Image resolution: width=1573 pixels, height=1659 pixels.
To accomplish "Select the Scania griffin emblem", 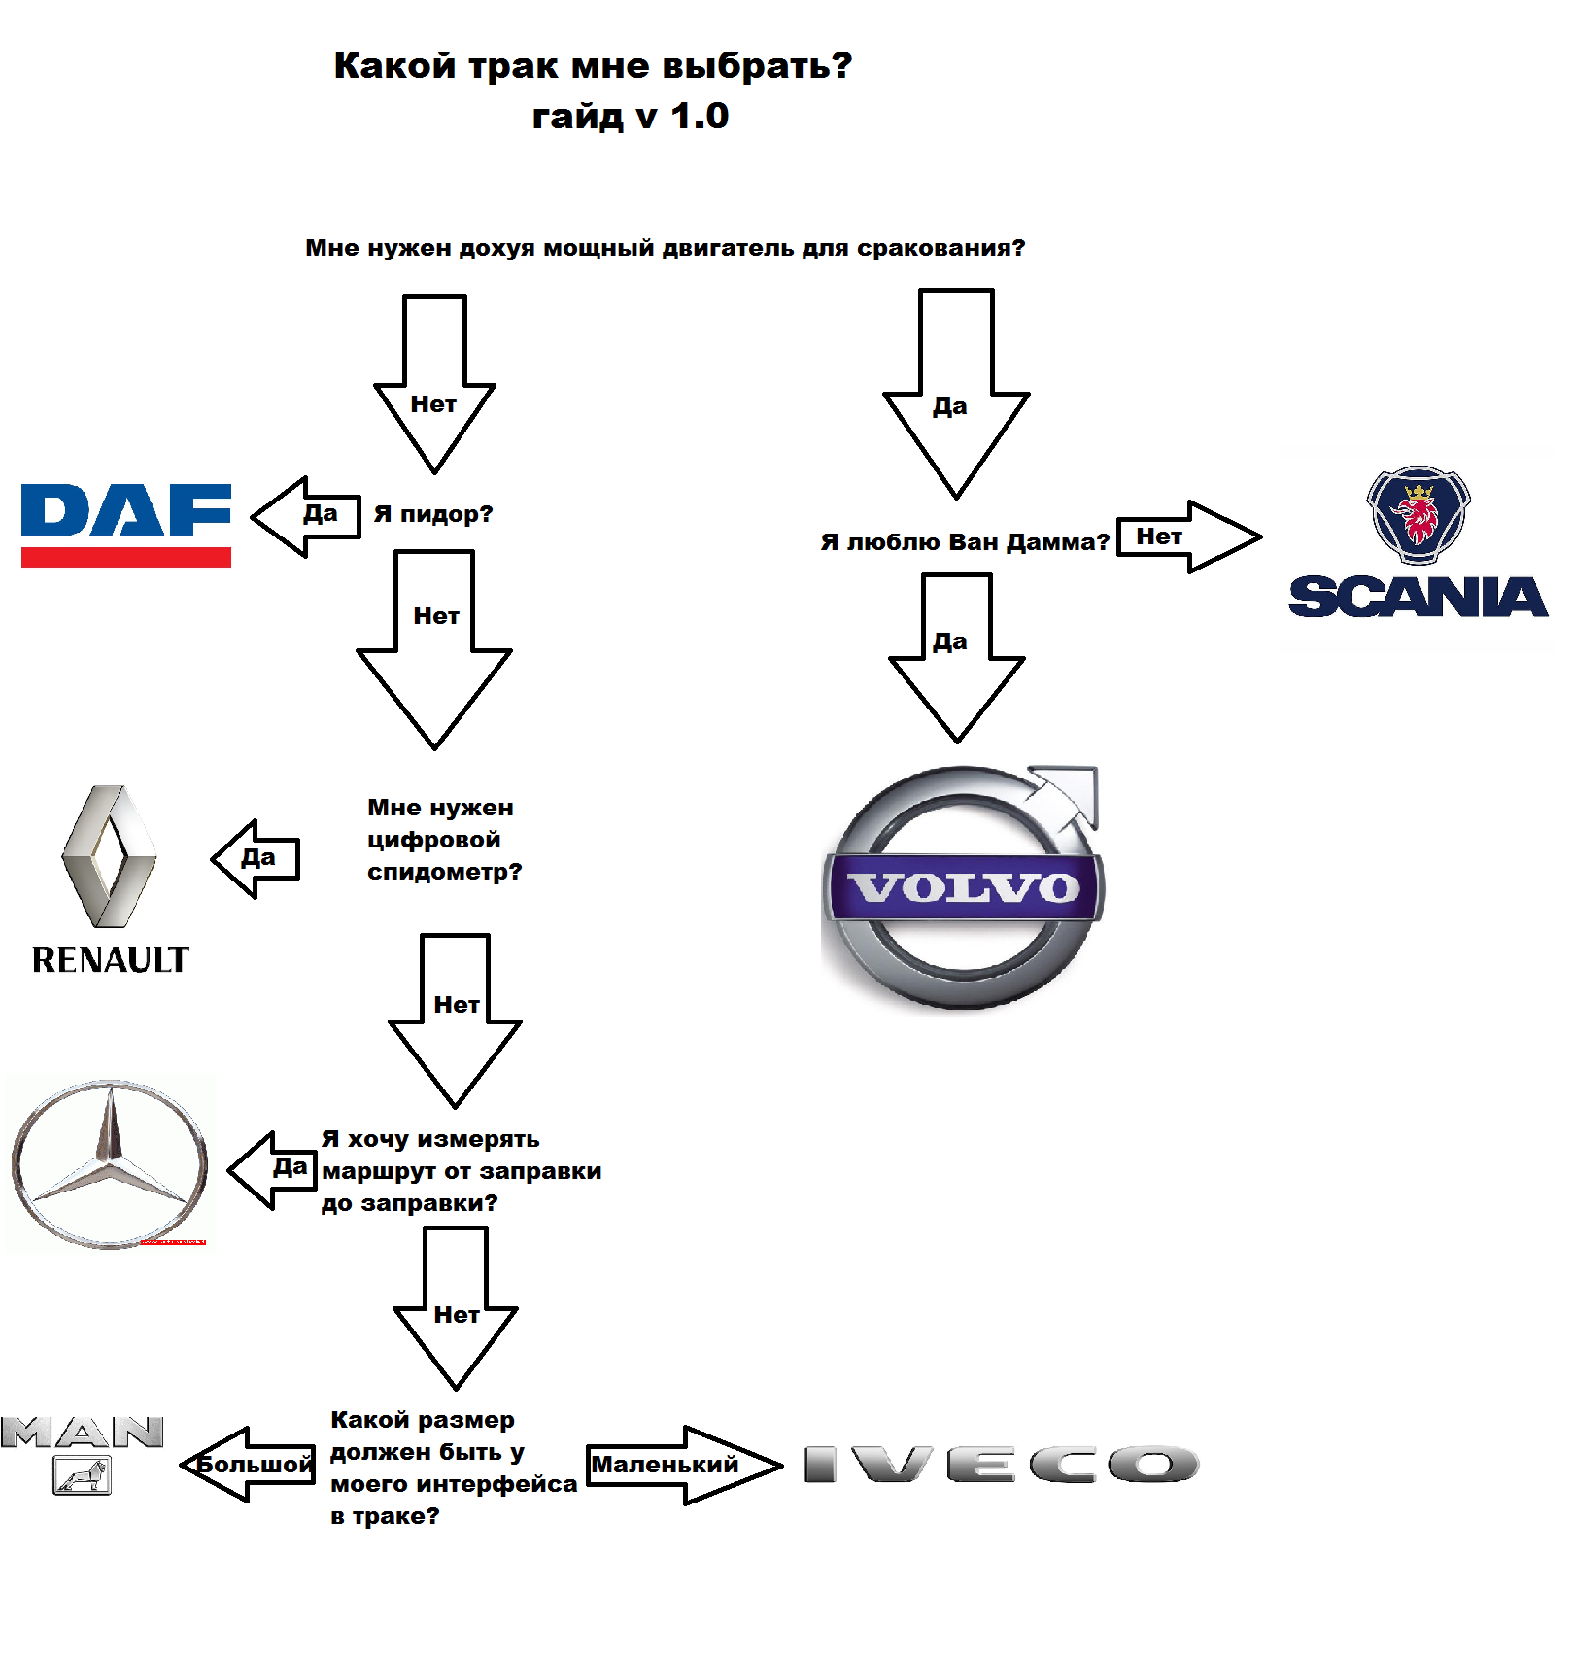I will pyautogui.click(x=1419, y=515).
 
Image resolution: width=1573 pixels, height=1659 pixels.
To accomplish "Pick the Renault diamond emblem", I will pyautogui.click(x=109, y=856).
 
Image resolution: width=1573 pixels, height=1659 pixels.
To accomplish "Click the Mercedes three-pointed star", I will pyautogui.click(x=110, y=1162).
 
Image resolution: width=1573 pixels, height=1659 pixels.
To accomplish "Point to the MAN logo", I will pyautogui.click(x=83, y=1452).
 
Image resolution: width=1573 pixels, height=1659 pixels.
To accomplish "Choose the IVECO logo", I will pyautogui.click(x=1001, y=1464).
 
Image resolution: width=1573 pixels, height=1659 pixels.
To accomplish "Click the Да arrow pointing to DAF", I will pyautogui.click(x=306, y=516).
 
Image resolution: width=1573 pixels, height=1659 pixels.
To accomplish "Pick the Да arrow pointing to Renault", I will pyautogui.click(x=256, y=858).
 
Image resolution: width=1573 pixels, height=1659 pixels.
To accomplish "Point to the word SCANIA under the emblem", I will pyautogui.click(x=1418, y=597).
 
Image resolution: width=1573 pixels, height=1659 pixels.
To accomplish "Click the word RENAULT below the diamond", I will pyautogui.click(x=111, y=959).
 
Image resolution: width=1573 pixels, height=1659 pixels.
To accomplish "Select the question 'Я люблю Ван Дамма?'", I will pyautogui.click(x=964, y=541).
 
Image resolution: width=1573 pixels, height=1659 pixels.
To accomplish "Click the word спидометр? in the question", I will pyautogui.click(x=444, y=872).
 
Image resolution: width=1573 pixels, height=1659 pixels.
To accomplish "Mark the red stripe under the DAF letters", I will pyautogui.click(x=126, y=557).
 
